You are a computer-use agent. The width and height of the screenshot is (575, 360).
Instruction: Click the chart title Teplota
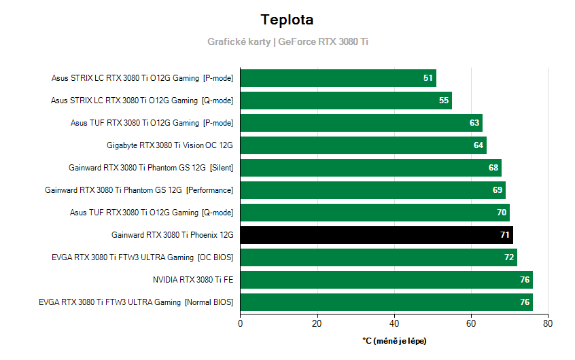click(287, 19)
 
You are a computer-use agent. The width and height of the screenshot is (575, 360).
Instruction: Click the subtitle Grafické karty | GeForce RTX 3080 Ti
click(287, 41)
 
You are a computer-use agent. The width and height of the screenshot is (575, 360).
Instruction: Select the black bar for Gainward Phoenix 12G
click(376, 235)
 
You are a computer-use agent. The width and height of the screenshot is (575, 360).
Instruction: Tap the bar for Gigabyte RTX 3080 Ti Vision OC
click(363, 145)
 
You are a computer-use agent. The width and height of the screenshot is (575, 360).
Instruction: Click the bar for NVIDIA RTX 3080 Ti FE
click(386, 280)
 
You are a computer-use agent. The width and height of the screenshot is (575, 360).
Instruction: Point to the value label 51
click(428, 78)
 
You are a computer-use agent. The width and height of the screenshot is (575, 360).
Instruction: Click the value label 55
click(444, 101)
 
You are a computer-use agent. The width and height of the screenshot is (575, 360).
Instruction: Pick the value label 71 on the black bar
click(505, 235)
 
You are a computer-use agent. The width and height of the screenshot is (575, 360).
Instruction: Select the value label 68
click(493, 168)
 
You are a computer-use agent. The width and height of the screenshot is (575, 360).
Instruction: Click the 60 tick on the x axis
click(471, 324)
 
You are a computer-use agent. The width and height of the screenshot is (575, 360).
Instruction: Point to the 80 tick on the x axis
click(548, 324)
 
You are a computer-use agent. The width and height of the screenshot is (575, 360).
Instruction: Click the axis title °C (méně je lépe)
click(394, 340)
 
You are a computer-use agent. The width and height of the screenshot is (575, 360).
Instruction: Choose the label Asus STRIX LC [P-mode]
click(142, 78)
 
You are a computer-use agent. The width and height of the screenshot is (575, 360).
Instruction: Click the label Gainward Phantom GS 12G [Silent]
click(151, 168)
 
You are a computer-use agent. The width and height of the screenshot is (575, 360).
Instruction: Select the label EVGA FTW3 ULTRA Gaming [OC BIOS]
click(142, 257)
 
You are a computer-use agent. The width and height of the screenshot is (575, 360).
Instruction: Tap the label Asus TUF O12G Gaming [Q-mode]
click(151, 213)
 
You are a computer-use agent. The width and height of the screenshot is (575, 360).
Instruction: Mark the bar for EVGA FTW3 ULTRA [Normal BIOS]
click(386, 302)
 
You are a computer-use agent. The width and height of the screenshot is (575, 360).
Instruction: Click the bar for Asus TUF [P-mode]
click(361, 123)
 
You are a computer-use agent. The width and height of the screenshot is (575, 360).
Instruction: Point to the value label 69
click(498, 190)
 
